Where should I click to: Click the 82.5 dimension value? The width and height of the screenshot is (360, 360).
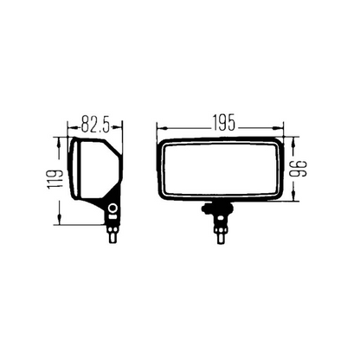95,124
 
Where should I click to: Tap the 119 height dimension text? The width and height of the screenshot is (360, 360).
55,180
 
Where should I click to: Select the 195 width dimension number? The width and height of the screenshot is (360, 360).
224,123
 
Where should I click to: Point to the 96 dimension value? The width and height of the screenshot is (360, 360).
299,169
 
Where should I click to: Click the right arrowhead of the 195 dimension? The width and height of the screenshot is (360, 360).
279,128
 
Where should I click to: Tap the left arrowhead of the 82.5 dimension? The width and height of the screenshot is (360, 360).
72,126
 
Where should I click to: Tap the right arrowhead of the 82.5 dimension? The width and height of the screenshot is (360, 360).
118,126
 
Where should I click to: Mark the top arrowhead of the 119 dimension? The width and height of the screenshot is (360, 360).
59,142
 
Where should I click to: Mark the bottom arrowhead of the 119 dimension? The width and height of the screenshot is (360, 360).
59,220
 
